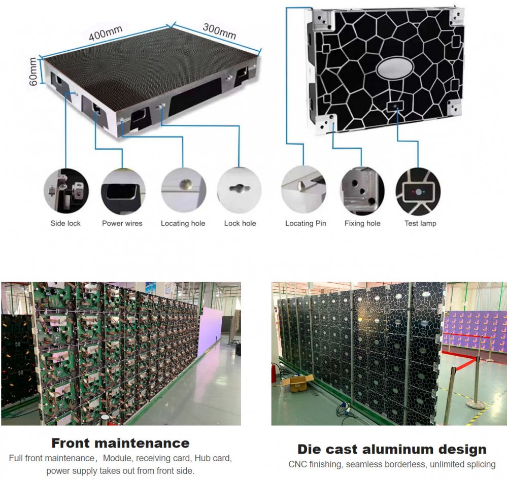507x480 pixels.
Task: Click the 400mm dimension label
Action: tap(105, 34)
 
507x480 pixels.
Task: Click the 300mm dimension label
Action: tap(219, 31)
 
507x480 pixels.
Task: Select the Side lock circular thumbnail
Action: tap(66, 190)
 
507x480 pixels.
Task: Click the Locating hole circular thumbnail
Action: tap(183, 190)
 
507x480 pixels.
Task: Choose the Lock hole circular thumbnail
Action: tap(240, 190)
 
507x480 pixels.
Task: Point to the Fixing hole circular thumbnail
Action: tap(362, 190)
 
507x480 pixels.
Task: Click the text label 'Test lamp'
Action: tap(420, 223)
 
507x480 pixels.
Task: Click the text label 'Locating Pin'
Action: tap(306, 223)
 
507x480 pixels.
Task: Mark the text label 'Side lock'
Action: tap(65, 223)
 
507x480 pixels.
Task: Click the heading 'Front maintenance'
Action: tap(120, 443)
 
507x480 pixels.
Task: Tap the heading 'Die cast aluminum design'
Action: tap(392, 449)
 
